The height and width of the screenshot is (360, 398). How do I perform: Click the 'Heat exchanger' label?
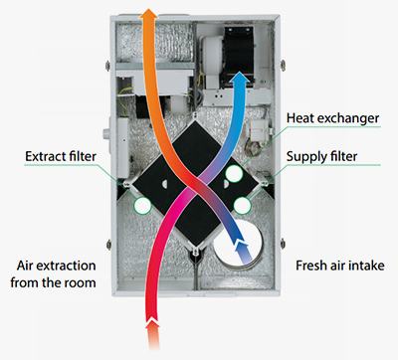(x=332, y=118)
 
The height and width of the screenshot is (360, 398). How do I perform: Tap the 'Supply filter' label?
(x=321, y=156)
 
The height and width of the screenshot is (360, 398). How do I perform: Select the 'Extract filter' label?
(x=61, y=156)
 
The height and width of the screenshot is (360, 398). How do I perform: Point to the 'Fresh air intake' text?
(x=340, y=266)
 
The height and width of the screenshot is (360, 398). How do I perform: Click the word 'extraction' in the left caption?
(x=66, y=266)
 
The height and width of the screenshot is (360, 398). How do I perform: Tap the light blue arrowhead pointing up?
(x=240, y=79)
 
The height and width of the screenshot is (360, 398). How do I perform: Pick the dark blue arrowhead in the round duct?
(x=242, y=248)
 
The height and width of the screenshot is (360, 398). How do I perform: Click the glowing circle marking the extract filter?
(x=142, y=206)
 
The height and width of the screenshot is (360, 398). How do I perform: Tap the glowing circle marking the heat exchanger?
(x=234, y=173)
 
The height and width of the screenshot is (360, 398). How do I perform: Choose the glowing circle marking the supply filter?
(x=242, y=206)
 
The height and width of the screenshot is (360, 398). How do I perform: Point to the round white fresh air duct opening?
(x=238, y=244)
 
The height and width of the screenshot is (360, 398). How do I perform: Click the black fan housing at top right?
(x=239, y=55)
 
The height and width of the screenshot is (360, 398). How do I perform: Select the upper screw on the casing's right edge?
(x=283, y=65)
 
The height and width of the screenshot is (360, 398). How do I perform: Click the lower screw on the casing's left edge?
(x=108, y=245)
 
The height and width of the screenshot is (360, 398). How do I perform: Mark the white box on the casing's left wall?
(x=122, y=147)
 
